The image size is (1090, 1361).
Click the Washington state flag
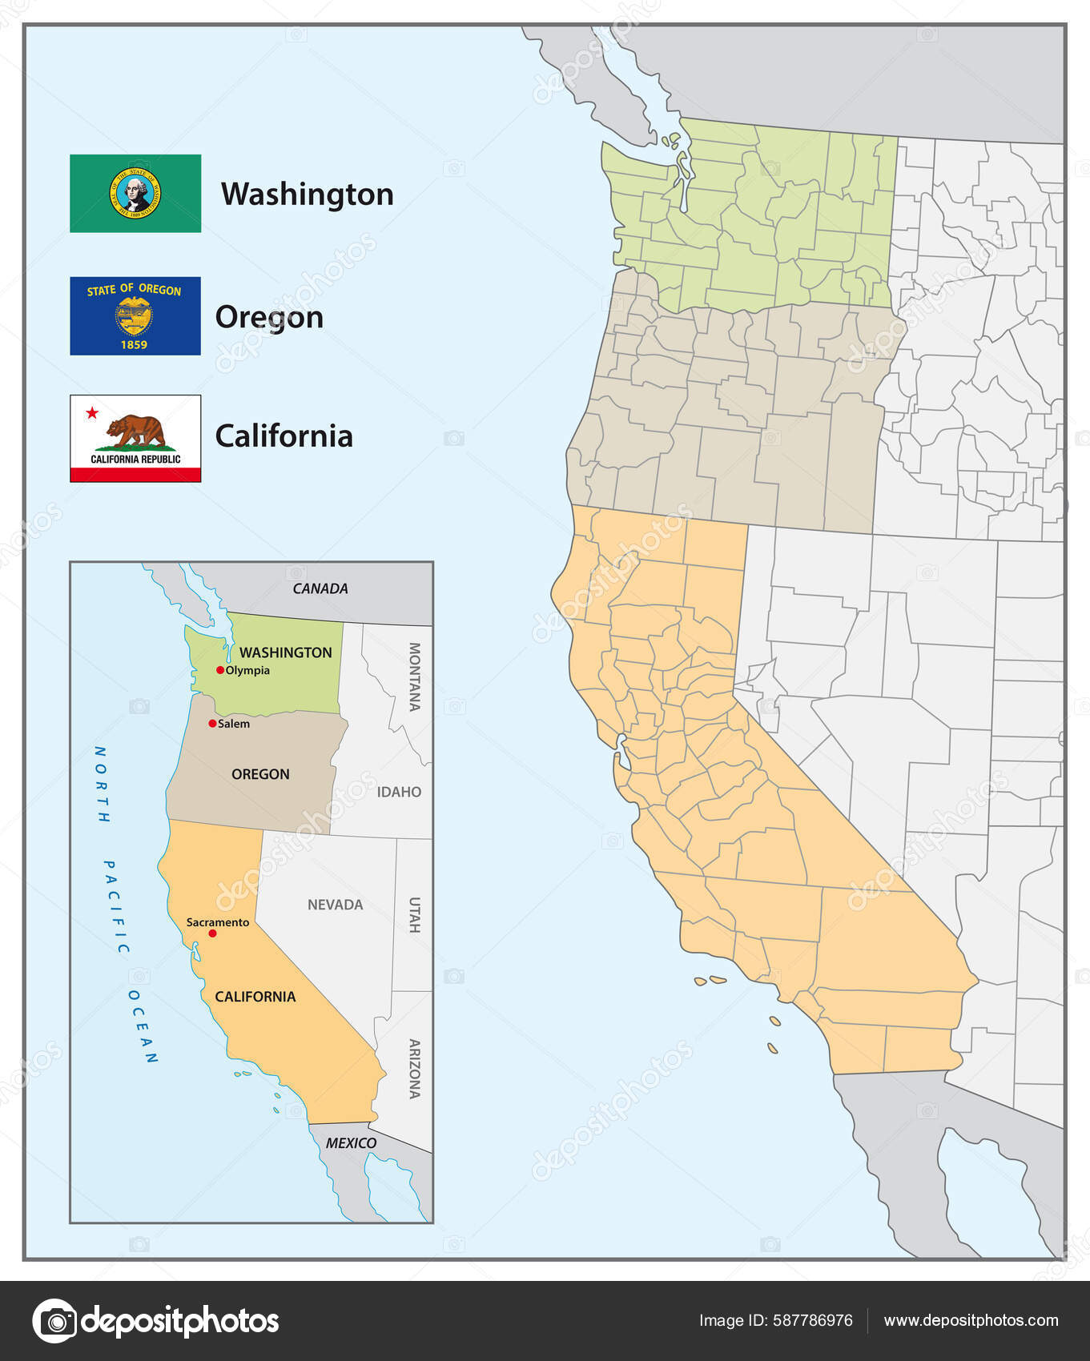tap(135, 194)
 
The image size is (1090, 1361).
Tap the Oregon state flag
tap(135, 316)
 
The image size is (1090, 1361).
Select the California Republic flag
tap(135, 438)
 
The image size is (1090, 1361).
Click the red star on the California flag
tap(92, 413)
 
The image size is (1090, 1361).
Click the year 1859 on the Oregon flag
tap(134, 345)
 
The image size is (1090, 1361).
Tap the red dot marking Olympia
tap(220, 670)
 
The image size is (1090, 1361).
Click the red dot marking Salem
tap(212, 724)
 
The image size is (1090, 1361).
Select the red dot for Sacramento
tap(212, 933)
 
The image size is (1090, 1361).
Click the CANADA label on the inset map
tap(320, 588)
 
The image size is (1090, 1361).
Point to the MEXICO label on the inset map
tap(351, 1143)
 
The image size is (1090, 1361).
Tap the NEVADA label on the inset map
tap(335, 905)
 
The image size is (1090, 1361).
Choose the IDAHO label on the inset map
tap(399, 792)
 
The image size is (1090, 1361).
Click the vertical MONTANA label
tap(415, 676)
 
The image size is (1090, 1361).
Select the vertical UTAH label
tap(415, 914)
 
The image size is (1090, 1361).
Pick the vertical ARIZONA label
tap(415, 1068)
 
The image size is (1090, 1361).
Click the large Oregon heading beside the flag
tap(269, 317)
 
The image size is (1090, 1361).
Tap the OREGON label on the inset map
tap(260, 774)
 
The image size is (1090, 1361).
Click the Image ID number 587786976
tap(811, 1321)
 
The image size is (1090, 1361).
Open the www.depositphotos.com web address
tap(971, 1321)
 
